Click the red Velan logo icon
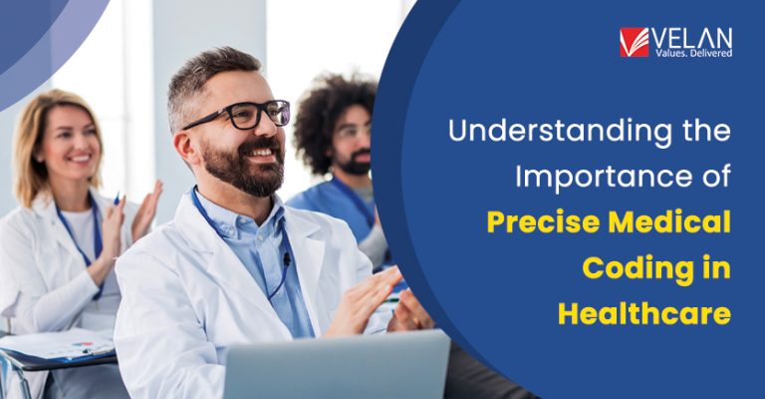634,42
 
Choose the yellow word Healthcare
643,313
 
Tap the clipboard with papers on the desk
55,344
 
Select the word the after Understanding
697,131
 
